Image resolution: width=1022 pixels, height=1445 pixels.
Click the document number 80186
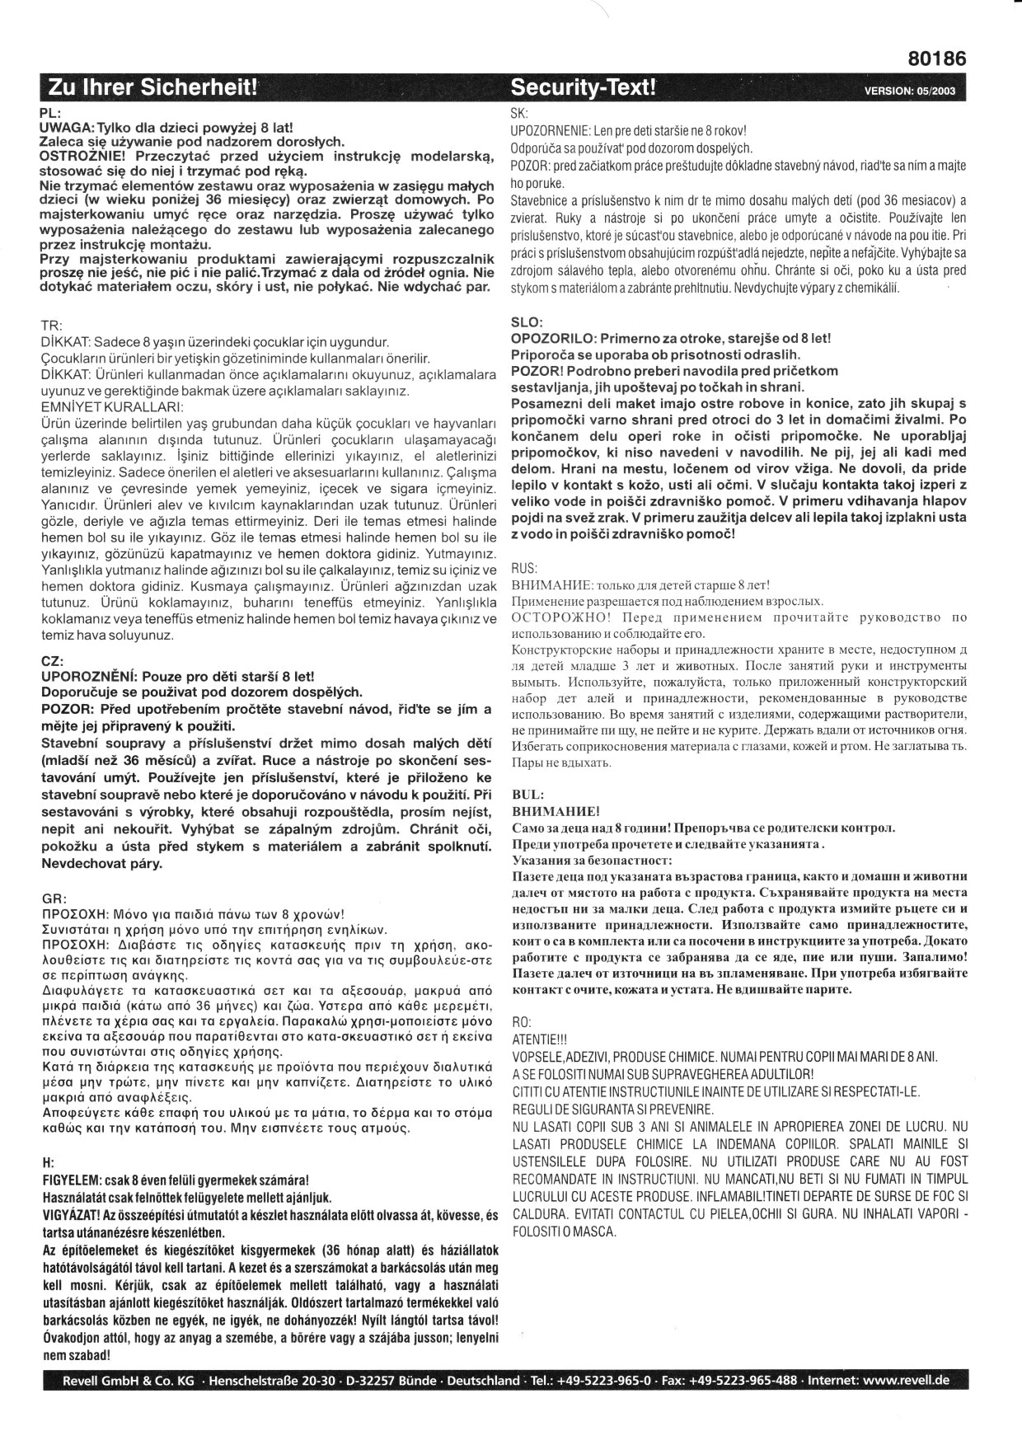coord(937,59)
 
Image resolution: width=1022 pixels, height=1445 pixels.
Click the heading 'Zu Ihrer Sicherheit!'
coord(153,88)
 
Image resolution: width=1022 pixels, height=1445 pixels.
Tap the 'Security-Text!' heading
coord(584,88)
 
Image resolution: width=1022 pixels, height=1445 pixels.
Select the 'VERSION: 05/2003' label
coord(909,91)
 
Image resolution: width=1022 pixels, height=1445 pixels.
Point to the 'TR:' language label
coord(51,326)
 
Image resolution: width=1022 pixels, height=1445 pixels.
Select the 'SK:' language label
coord(520,114)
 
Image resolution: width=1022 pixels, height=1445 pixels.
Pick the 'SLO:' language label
coord(527,322)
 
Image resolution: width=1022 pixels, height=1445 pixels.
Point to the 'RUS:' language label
coord(525,568)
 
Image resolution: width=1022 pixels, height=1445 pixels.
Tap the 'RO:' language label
coord(522,1021)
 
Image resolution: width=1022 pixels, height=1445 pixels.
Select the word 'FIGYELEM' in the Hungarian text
coord(70,1180)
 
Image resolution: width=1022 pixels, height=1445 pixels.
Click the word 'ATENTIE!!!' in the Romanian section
coord(540,1039)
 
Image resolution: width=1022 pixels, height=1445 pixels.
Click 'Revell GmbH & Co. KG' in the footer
coord(129,1381)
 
